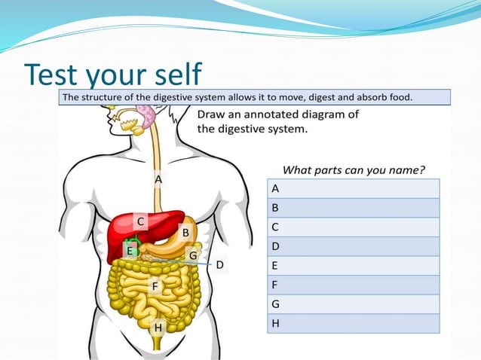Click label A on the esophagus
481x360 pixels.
pos(158,180)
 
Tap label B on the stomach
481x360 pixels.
pos(185,232)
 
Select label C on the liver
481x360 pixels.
pos(140,221)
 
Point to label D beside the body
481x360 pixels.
pos(219,265)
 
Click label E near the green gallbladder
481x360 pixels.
pos(130,251)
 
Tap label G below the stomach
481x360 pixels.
pos(193,255)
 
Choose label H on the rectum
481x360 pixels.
pos(158,328)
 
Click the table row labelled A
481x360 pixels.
pos(352,188)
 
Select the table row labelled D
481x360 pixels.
pos(352,246)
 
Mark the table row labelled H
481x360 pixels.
pos(352,323)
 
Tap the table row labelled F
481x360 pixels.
pos(352,285)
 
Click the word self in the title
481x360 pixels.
pos(173,75)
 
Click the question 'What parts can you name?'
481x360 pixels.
pos(354,169)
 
